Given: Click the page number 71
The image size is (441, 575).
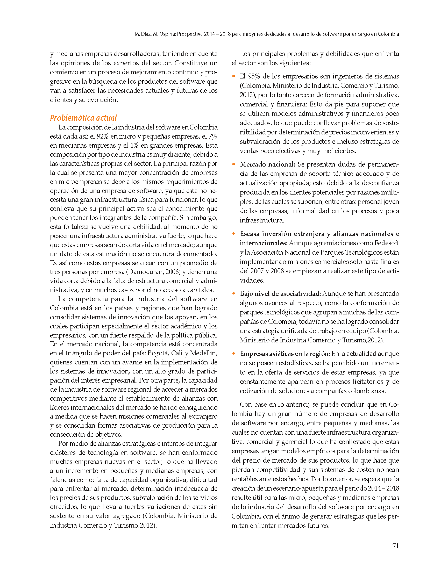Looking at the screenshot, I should [x=395, y=546].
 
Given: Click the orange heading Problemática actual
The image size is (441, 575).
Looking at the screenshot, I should [x=83, y=118].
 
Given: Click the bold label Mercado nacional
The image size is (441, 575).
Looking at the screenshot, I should [x=267, y=164].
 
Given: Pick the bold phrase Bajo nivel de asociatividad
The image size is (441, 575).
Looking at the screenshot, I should [x=280, y=294].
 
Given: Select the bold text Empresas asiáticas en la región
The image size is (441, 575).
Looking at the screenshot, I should [x=285, y=354].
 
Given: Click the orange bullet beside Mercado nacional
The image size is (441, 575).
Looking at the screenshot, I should [x=233, y=164].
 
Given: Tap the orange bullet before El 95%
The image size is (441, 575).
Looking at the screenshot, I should [x=233, y=76].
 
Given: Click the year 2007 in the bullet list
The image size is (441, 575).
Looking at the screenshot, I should [x=257, y=271].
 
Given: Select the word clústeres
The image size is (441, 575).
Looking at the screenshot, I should [x=63, y=452].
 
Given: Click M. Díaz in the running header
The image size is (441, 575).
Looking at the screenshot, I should [x=142, y=34].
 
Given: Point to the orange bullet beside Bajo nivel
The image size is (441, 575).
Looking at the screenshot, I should [x=233, y=294].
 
